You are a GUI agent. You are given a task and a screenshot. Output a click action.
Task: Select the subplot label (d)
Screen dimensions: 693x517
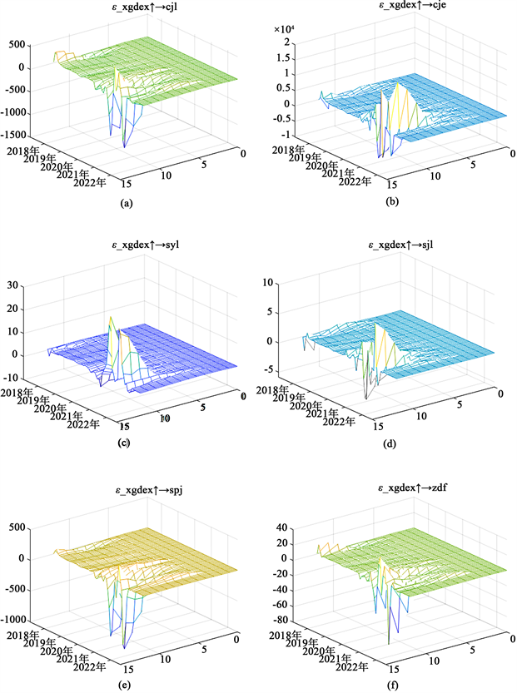coord(390,444)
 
